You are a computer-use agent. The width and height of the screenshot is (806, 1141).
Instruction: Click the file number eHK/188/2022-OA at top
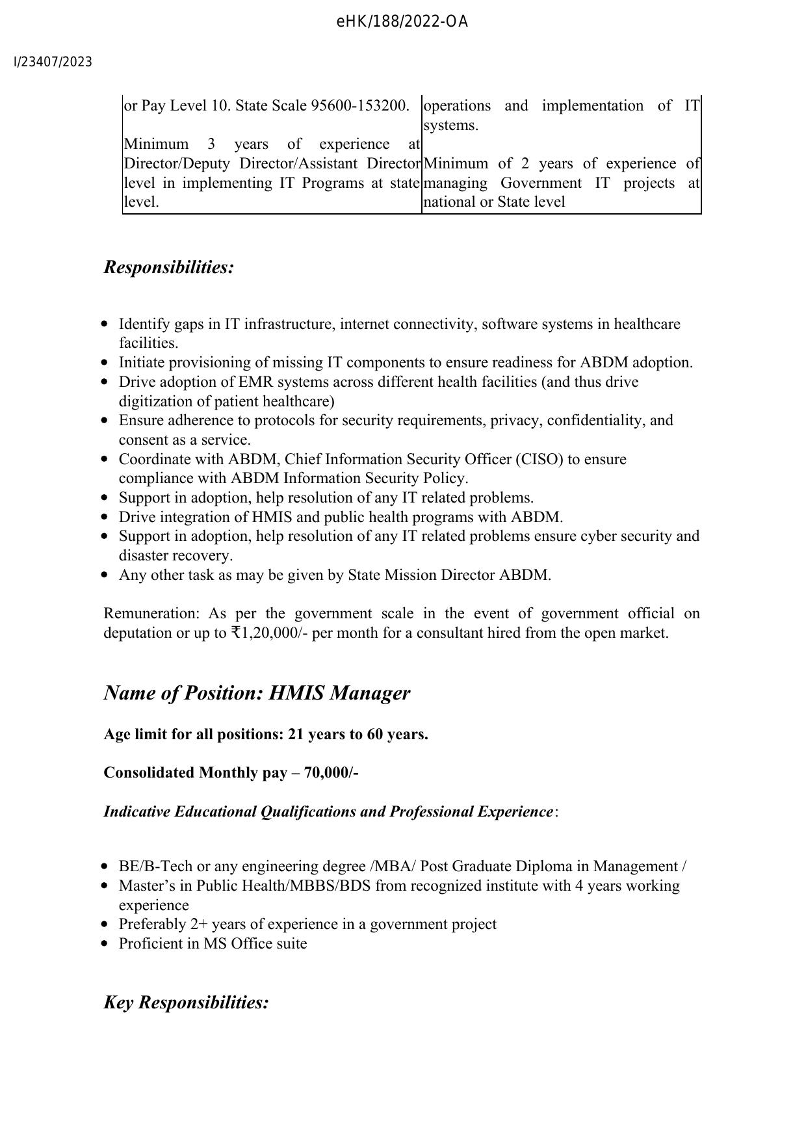point(402,22)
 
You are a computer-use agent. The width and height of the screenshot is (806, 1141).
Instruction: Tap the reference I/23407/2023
point(53,62)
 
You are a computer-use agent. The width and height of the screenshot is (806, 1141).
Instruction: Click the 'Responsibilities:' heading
point(168,267)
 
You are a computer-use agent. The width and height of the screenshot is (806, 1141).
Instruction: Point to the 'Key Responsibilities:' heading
point(186,1002)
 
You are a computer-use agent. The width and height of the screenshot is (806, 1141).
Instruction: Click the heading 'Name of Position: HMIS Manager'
point(257,692)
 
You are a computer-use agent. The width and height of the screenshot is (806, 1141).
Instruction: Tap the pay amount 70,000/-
point(331,772)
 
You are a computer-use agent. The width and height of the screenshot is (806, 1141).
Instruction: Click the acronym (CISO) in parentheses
point(539,459)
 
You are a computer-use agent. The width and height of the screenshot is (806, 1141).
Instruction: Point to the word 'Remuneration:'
point(150,613)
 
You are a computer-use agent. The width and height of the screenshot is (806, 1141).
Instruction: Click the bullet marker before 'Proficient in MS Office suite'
point(105,943)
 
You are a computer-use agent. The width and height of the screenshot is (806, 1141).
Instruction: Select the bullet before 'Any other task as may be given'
point(105,575)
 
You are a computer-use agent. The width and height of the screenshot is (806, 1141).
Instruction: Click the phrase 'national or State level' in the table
point(494,202)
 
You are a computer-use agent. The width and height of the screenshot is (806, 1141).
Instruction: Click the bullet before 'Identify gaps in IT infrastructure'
point(105,324)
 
